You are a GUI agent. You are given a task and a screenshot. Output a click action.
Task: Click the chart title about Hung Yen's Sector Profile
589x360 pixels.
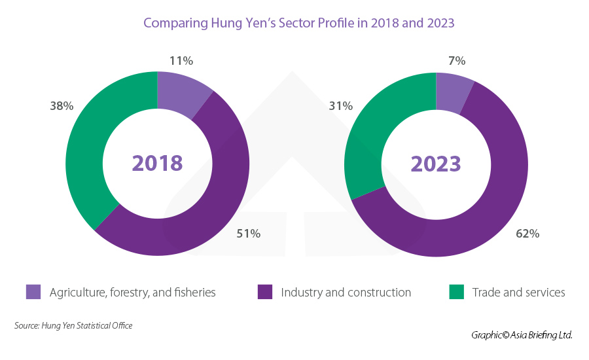click(x=298, y=23)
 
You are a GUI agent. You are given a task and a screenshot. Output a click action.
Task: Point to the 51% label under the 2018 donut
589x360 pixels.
click(x=249, y=233)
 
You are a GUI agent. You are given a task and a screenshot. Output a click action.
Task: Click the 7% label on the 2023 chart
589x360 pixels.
click(x=457, y=61)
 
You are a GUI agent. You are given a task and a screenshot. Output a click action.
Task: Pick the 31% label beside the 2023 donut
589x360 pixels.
click(x=341, y=105)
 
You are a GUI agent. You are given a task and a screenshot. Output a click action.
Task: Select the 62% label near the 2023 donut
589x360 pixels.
click(x=527, y=233)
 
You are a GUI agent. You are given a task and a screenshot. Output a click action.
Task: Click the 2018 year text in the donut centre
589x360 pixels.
click(x=157, y=163)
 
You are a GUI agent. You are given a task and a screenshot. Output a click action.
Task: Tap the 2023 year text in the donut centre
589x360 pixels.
click(x=436, y=163)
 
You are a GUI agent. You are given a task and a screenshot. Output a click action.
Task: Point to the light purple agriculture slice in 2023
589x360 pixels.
click(x=452, y=88)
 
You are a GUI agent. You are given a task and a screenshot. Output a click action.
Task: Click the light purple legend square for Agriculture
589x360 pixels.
click(x=33, y=292)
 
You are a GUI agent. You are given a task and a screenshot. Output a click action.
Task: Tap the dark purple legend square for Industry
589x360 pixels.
click(x=265, y=292)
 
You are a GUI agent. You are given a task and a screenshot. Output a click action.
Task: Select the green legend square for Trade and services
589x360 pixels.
click(x=456, y=292)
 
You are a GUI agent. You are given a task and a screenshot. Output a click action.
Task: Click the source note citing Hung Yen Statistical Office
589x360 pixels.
click(x=73, y=325)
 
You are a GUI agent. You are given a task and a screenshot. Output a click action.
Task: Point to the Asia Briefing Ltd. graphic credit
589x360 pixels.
click(x=522, y=335)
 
